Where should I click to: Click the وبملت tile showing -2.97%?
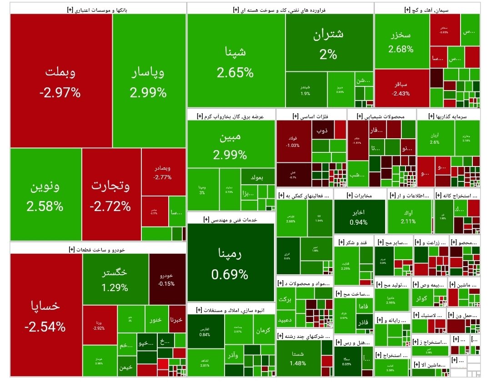tap(61, 82)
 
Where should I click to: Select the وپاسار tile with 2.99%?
tap(149, 82)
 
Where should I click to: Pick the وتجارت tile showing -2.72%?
tap(111, 196)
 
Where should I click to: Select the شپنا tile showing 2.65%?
tap(236, 62)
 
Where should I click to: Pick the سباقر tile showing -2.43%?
tap(401, 89)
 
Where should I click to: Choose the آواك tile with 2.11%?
tap(408, 217)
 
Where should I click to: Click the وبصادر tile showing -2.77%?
tap(163, 173)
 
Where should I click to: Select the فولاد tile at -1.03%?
tap(293, 141)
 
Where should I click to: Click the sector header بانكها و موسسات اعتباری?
tap(98, 9)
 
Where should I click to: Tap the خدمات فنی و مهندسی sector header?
tap(230, 219)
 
